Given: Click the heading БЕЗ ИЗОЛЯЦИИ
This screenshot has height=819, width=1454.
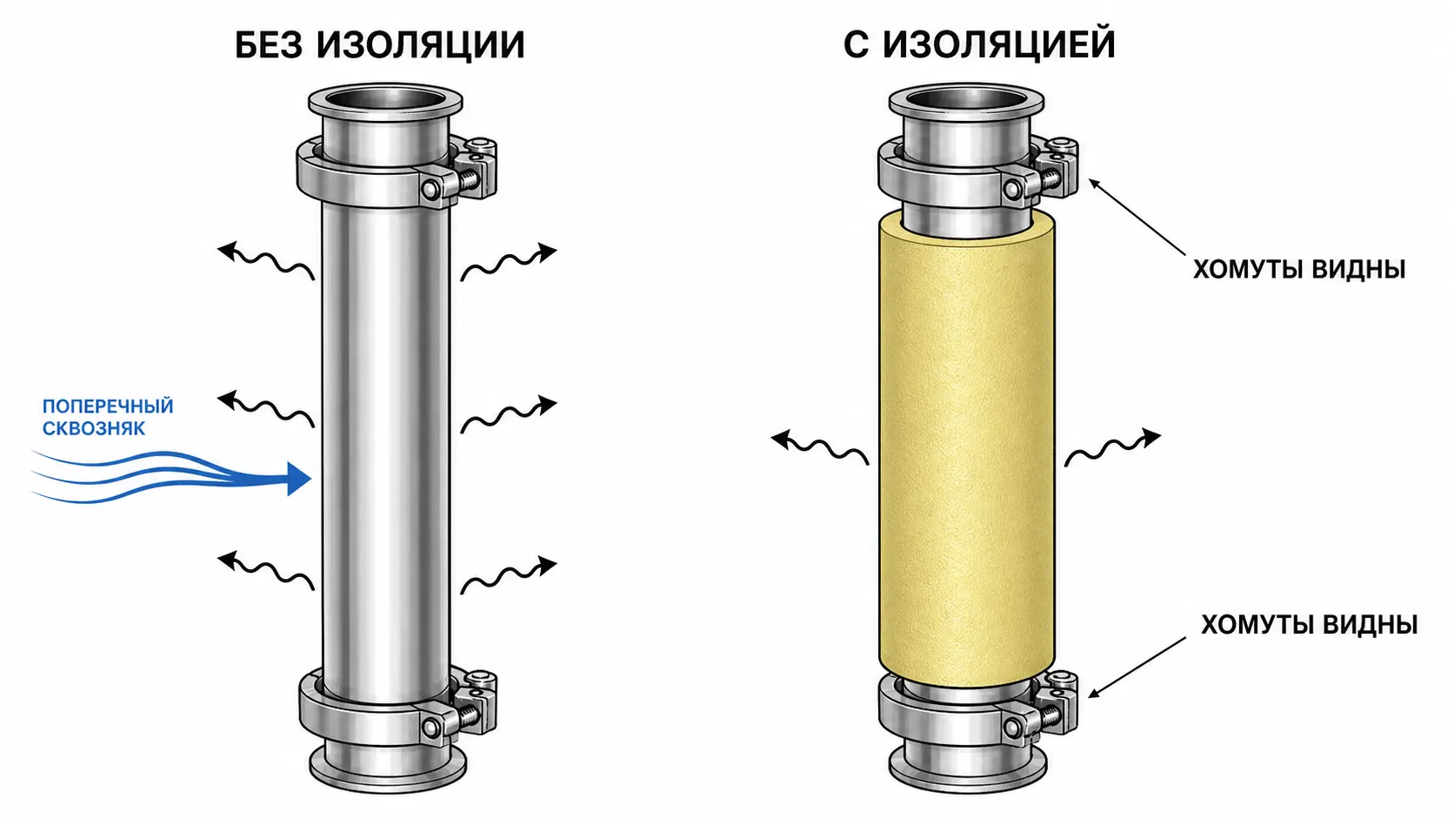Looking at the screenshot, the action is point(379,45).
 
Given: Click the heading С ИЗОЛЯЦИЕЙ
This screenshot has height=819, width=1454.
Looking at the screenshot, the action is point(979,45).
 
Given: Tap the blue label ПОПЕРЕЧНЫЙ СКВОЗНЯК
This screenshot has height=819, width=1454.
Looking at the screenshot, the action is point(108,417).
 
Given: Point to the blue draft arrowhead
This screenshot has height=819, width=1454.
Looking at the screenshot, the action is point(299,479).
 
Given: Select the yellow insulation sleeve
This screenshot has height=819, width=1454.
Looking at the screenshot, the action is point(967,448).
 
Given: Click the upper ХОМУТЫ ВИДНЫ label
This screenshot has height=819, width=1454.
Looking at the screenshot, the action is point(1299,269).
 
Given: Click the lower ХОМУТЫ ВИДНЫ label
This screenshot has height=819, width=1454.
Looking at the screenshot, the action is point(1309,624).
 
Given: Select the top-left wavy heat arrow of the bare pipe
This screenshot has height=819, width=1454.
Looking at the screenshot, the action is point(266,261).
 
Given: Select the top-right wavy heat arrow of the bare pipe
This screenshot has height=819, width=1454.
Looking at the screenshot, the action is point(509,262).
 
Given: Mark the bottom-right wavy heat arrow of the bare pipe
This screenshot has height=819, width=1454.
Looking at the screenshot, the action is point(509,575).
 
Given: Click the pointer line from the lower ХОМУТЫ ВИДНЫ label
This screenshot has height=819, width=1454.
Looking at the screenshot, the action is point(1137,667).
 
